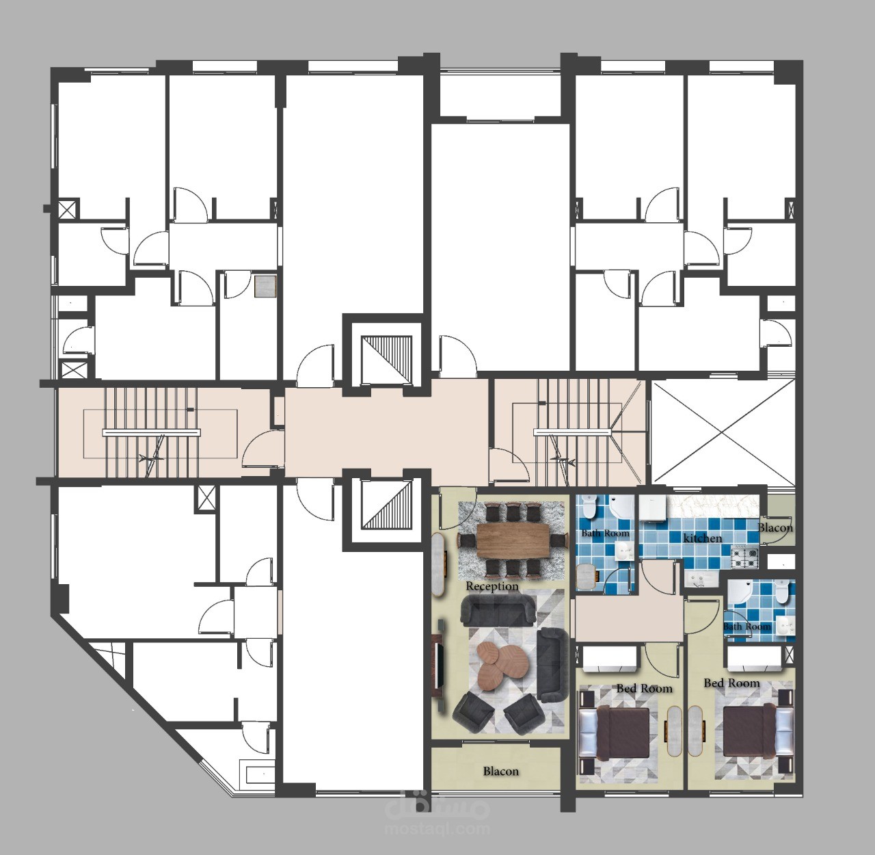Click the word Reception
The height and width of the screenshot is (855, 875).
point(492,586)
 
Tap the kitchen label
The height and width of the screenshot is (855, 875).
point(702,538)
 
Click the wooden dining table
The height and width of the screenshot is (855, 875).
point(511,540)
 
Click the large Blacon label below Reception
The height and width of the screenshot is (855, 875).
point(501,772)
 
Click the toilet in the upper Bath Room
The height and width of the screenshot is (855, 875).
point(588,506)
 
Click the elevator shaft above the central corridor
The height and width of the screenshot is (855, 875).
point(387,360)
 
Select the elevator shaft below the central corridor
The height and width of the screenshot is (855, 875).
point(387,505)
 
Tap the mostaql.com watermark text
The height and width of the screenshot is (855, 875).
point(438,829)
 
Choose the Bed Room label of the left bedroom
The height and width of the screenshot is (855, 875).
point(645,689)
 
